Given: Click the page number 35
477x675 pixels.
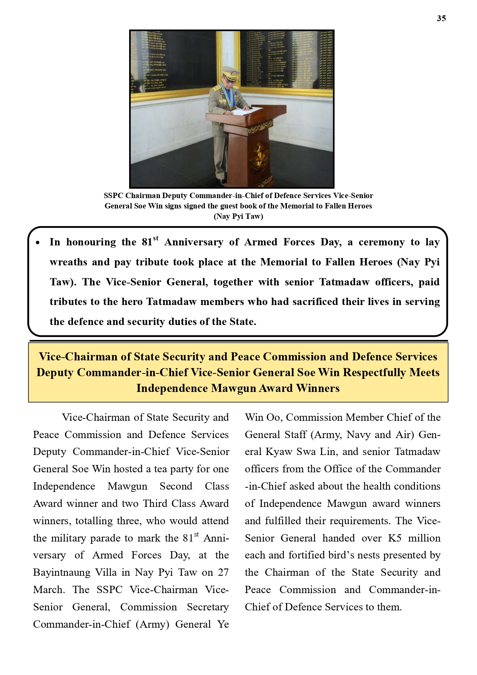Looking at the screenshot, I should (x=441, y=18).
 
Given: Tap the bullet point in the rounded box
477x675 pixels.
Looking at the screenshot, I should (x=38, y=243).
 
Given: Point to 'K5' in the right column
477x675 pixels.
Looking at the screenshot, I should (x=395, y=538).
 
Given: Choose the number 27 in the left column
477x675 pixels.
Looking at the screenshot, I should (x=223, y=572).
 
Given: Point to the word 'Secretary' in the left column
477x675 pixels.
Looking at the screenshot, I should (x=208, y=607).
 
